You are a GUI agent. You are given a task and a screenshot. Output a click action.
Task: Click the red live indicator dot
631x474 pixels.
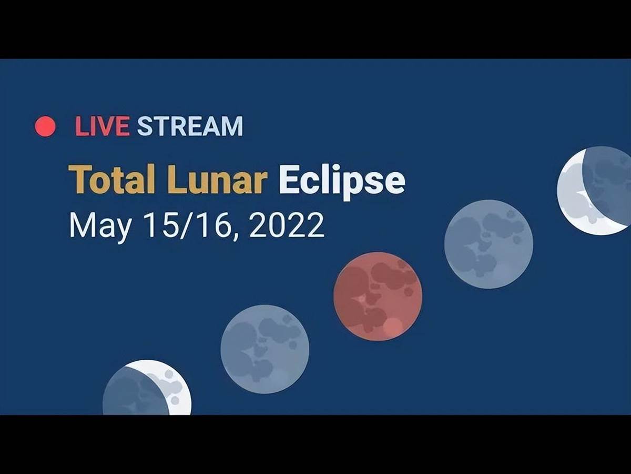click(x=45, y=126)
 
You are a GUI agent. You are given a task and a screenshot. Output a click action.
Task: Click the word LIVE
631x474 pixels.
click(x=102, y=126)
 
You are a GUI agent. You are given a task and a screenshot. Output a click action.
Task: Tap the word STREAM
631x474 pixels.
click(x=190, y=126)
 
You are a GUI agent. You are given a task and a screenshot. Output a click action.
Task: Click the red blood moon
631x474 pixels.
click(x=378, y=297)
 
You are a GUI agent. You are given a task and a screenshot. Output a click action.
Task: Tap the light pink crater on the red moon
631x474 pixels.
click(x=393, y=327)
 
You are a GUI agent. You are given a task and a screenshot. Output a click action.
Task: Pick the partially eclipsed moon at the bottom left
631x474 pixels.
click(x=147, y=388)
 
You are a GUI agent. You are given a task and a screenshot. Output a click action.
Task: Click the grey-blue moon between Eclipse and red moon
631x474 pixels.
click(x=488, y=244)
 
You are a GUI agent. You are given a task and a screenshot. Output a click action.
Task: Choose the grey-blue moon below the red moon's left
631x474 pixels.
click(x=265, y=349)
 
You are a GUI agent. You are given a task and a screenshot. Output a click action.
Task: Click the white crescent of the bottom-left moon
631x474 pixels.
click(x=172, y=383)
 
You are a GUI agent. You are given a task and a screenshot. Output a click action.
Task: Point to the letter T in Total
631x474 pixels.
click(x=78, y=179)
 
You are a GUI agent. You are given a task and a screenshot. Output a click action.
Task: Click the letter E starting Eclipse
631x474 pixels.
click(x=288, y=179)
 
